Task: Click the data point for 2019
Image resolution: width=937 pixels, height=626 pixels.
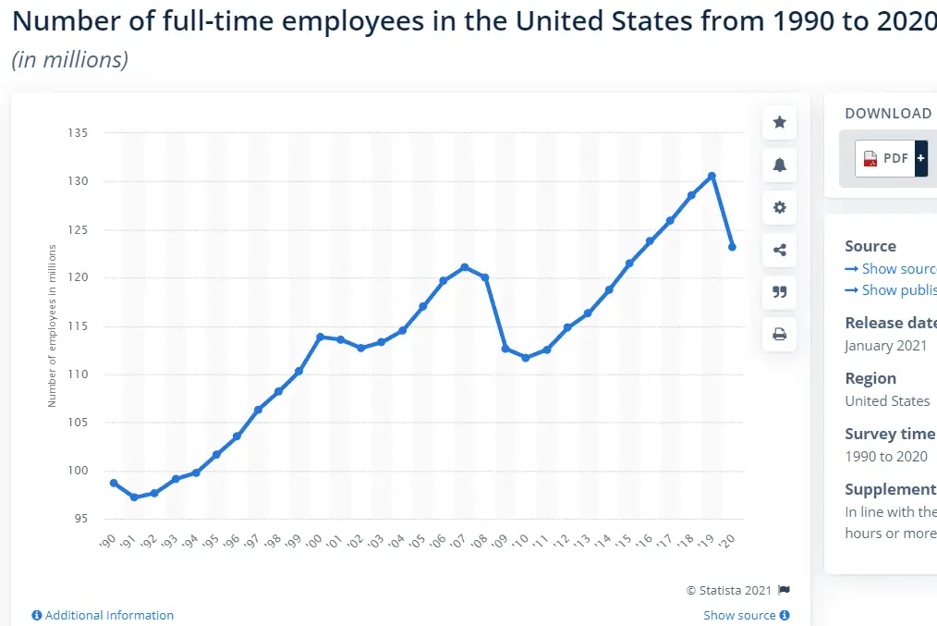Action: tap(712, 176)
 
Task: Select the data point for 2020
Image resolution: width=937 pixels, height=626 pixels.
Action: tap(732, 247)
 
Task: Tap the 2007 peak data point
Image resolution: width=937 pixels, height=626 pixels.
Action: tap(464, 267)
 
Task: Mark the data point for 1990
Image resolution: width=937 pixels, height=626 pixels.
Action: tap(114, 483)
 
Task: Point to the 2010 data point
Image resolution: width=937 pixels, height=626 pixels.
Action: tap(526, 358)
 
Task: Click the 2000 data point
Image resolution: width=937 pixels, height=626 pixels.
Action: tap(320, 337)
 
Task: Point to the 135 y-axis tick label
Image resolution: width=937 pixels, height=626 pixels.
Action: tap(78, 133)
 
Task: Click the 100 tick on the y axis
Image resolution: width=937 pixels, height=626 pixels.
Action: tap(78, 471)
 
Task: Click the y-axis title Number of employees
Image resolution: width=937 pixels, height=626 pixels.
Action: tap(53, 325)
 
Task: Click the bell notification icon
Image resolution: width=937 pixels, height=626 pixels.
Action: tap(780, 165)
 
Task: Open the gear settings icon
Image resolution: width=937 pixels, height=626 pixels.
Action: tap(780, 207)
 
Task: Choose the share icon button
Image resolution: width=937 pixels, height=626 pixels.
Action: tap(780, 250)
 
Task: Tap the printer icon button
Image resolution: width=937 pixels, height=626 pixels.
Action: tap(780, 334)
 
